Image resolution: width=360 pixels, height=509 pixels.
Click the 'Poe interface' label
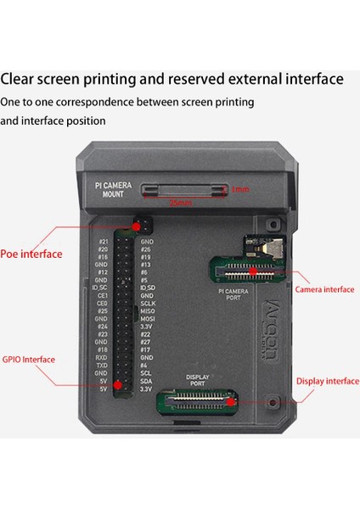pyautogui.click(x=31, y=254)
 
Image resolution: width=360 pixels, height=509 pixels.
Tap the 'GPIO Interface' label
pyautogui.click(x=28, y=360)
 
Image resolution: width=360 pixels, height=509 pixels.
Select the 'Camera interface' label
pyautogui.click(x=324, y=289)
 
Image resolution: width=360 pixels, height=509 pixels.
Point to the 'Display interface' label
pyautogui.click(x=329, y=381)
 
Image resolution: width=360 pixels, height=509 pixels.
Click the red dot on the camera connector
pyautogui.click(x=252, y=271)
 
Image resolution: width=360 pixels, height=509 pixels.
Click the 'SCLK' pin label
pyautogui.click(x=148, y=303)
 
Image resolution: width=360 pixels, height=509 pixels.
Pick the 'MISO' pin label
pyautogui.click(x=148, y=310)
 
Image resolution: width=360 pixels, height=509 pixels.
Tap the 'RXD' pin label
pyautogui.click(x=101, y=357)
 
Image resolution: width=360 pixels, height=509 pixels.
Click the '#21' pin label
pyautogui.click(x=102, y=241)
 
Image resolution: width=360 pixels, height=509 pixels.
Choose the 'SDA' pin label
pyautogui.click(x=146, y=381)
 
